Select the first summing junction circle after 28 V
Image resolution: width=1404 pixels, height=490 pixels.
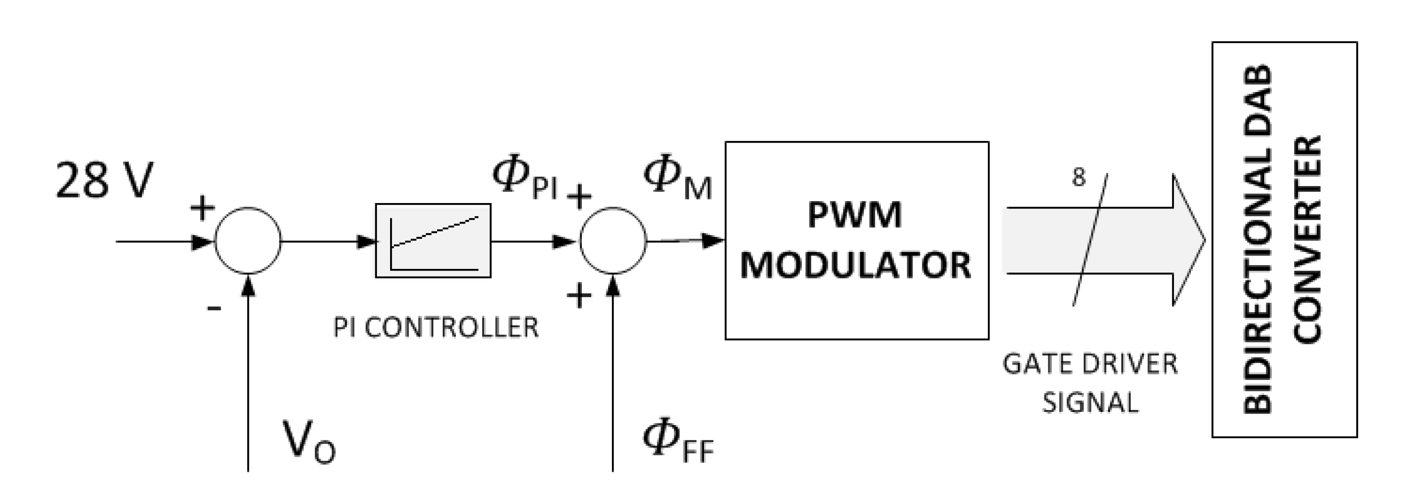(248, 240)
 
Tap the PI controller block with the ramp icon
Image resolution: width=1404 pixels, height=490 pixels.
(433, 240)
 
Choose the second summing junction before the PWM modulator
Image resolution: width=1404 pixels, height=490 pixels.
(613, 240)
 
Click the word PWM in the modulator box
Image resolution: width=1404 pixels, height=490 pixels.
(855, 215)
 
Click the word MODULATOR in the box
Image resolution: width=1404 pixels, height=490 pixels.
(856, 266)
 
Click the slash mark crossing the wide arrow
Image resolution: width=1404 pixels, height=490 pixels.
(1090, 240)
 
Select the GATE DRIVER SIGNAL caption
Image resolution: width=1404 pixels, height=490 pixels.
(1090, 383)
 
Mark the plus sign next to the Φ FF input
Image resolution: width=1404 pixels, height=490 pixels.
(579, 297)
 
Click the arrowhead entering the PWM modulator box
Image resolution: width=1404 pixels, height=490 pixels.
(714, 240)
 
